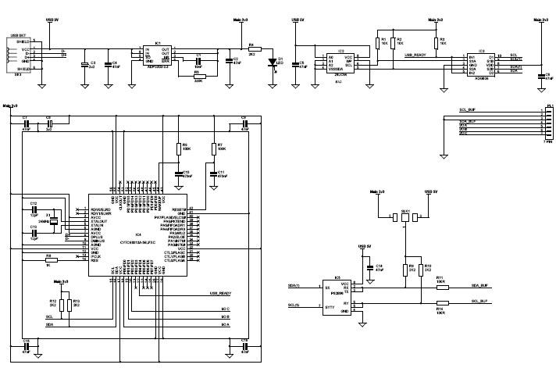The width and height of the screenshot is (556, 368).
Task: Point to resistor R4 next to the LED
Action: (251, 48)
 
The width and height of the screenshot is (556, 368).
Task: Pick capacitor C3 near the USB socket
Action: (84, 66)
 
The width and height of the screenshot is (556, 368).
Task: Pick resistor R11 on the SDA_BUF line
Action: (442, 287)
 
